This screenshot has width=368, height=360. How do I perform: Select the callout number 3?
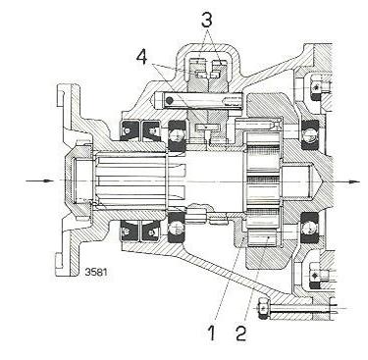206,20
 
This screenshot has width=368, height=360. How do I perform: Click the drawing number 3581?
96,272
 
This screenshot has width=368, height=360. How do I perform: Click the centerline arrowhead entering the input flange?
49,180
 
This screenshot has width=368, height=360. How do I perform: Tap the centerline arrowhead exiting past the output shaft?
354,181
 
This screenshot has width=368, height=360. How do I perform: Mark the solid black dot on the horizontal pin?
169,101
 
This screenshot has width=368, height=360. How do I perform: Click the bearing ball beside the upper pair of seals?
177,134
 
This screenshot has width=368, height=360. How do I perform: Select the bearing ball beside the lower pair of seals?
177,228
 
